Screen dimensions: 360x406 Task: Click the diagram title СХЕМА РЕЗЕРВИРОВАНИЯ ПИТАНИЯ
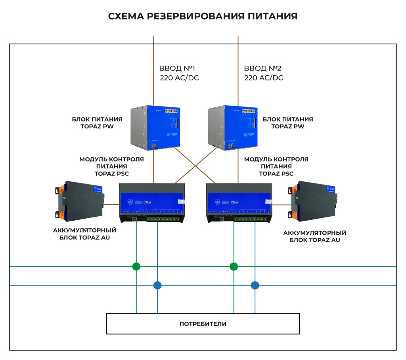[203, 16]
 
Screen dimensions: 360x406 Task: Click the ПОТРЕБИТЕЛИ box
[203, 324]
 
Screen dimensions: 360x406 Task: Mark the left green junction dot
[136, 266]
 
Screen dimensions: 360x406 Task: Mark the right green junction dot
[234, 266]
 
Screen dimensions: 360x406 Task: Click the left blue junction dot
[157, 285]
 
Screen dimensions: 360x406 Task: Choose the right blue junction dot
[255, 285]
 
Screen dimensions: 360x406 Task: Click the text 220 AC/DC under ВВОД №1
[179, 78]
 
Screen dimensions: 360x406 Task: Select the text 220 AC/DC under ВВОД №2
[264, 78]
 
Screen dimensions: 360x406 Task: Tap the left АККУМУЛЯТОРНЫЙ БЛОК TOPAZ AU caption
[84, 234]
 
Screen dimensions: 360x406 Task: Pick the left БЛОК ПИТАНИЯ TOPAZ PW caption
[97, 123]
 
